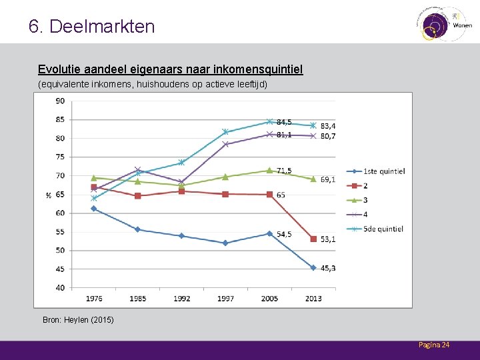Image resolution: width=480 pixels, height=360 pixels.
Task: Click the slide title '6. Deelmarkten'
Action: pos(92,27)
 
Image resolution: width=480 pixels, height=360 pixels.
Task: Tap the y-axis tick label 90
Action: pos(60,101)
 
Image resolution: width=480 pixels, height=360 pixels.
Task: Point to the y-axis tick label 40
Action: pos(60,288)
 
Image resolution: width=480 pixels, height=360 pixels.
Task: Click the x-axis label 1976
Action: pos(93,298)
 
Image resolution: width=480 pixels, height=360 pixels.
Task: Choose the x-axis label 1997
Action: pos(225,298)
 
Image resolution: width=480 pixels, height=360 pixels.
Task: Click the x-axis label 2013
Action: pos(313,298)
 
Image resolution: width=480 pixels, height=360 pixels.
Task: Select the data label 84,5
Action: pos(284,122)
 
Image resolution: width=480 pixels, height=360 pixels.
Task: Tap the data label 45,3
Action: pos(328,268)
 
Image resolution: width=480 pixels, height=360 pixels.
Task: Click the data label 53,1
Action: pos(328,239)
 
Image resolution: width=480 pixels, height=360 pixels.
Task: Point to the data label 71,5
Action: pos(284,171)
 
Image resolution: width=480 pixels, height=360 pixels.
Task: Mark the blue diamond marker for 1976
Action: pos(94,209)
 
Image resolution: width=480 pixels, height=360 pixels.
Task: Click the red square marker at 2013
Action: pos(313,239)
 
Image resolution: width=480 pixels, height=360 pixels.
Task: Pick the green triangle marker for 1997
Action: pos(225,177)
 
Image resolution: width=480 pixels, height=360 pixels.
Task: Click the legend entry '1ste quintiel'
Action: pos(383,171)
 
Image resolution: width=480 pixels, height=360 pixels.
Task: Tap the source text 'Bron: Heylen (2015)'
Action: pos(78,320)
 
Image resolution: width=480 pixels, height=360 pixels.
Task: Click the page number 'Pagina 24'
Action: pos(434,345)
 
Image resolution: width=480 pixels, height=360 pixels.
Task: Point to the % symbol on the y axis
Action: pos(49,195)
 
